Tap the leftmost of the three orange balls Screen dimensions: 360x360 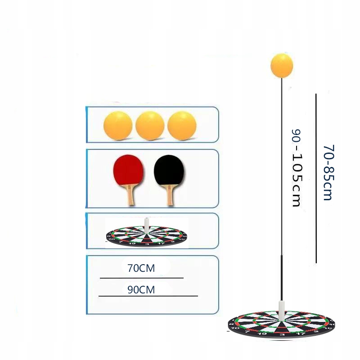(118, 125)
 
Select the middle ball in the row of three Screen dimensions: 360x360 (150, 125)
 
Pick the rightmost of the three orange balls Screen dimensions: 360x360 (182, 125)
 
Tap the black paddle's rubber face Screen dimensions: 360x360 (169, 171)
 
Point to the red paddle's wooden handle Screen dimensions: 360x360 (130, 195)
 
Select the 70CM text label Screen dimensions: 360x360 (141, 269)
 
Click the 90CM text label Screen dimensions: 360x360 (141, 290)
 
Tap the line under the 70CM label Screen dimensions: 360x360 (141, 278)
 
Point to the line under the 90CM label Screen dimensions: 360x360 (148, 296)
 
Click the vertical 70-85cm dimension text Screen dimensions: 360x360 (327, 172)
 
